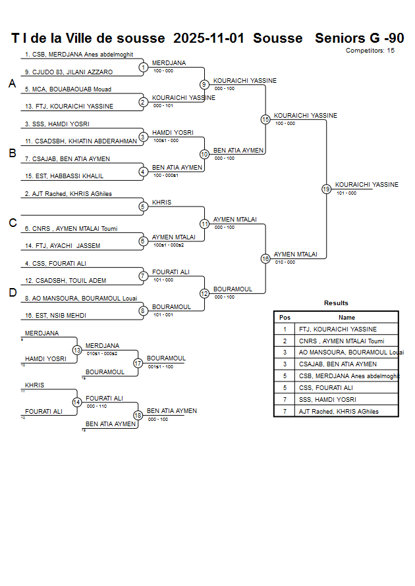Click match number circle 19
click(x=326, y=189)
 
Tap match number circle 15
click(x=265, y=120)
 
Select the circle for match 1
click(x=143, y=67)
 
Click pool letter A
click(x=12, y=84)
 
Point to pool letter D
click(x=12, y=293)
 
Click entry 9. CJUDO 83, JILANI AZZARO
click(x=69, y=72)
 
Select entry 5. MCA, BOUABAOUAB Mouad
click(x=68, y=89)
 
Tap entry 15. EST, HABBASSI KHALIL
click(x=64, y=176)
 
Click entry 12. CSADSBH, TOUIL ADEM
click(x=65, y=281)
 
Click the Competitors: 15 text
click(x=370, y=50)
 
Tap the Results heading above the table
click(x=336, y=303)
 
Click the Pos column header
click(x=285, y=317)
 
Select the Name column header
click(x=346, y=317)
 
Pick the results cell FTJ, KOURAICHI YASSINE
click(x=338, y=329)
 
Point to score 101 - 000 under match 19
click(x=346, y=193)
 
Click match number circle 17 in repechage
click(x=138, y=363)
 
